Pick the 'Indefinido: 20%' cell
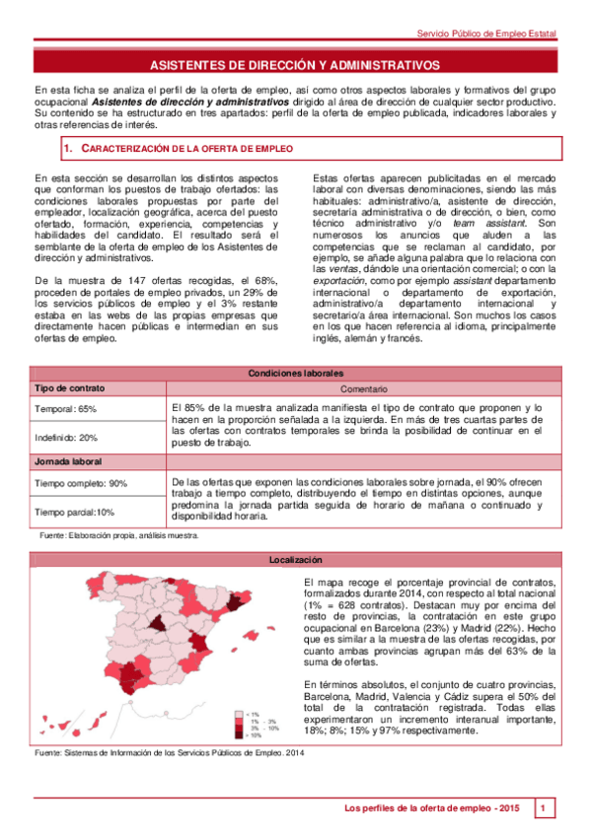click(x=68, y=437)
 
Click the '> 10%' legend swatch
click(x=238, y=735)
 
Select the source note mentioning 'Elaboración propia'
click(x=118, y=535)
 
